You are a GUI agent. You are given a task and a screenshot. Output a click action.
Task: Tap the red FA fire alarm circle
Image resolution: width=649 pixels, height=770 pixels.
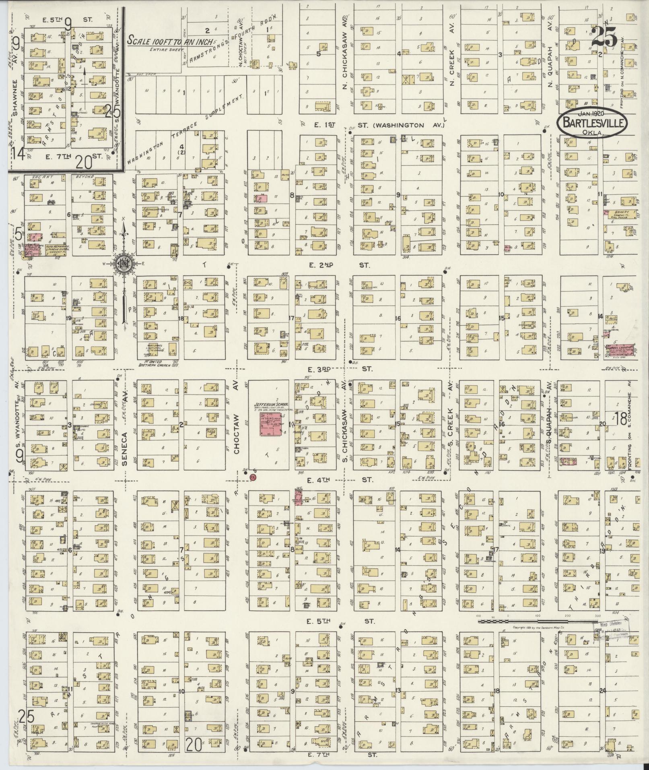tap(253, 477)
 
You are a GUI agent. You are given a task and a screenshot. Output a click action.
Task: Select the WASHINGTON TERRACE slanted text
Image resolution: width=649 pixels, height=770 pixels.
tap(159, 147)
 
